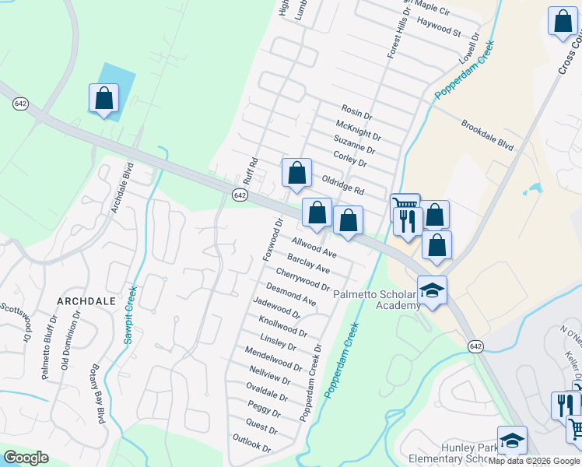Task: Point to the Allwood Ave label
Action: click(x=314, y=248)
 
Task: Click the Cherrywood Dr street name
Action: click(x=303, y=277)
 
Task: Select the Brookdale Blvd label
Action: click(x=488, y=135)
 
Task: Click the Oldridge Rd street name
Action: click(x=342, y=184)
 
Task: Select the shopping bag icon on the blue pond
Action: click(x=103, y=99)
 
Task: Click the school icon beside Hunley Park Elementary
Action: click(x=512, y=441)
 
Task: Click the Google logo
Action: click(x=26, y=458)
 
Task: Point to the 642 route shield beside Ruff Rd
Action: click(x=240, y=195)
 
